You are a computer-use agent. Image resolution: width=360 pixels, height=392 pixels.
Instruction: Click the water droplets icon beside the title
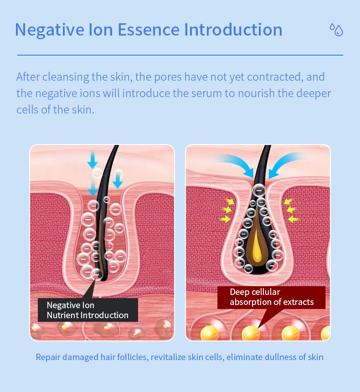click(336, 30)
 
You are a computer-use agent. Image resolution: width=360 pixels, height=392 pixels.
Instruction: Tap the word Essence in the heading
click(150, 30)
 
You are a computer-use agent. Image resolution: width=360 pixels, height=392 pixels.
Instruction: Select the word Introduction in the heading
click(233, 30)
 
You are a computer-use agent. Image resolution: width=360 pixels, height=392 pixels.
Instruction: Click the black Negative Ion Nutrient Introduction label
click(87, 310)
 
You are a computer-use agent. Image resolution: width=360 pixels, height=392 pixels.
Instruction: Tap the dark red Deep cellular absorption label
click(272, 297)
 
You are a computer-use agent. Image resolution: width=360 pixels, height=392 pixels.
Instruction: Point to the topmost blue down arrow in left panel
click(93, 159)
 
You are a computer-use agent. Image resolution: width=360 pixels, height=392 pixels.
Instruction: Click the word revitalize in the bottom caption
click(168, 357)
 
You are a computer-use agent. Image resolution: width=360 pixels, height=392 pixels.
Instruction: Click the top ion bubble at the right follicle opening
click(259, 189)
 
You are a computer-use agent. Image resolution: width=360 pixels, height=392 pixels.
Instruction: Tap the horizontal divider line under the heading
click(180, 55)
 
